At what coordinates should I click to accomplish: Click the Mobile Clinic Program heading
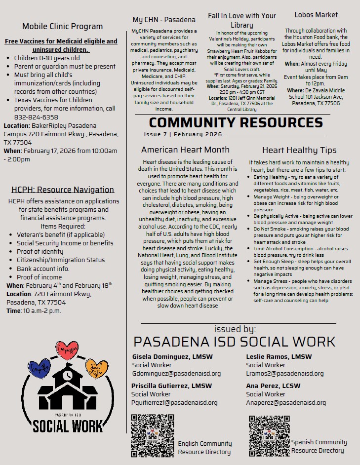coord(63,27)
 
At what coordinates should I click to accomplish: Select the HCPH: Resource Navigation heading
coord(63,190)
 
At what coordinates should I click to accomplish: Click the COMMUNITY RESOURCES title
coord(236,122)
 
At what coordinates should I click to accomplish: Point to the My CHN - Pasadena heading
coord(164,20)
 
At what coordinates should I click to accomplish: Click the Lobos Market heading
coord(316,15)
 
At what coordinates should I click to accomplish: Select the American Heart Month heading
coord(185,150)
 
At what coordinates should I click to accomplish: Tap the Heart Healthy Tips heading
coord(299,150)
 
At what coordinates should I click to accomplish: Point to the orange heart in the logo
coord(96,367)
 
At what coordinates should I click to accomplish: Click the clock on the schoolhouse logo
coord(68,375)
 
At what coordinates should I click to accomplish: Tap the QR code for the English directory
coord(152,435)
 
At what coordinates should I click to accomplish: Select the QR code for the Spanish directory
coord(269,435)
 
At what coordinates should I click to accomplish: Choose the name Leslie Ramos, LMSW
coord(279,356)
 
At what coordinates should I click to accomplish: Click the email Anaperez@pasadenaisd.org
coord(286,402)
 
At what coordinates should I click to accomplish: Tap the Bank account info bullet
coord(43,269)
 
